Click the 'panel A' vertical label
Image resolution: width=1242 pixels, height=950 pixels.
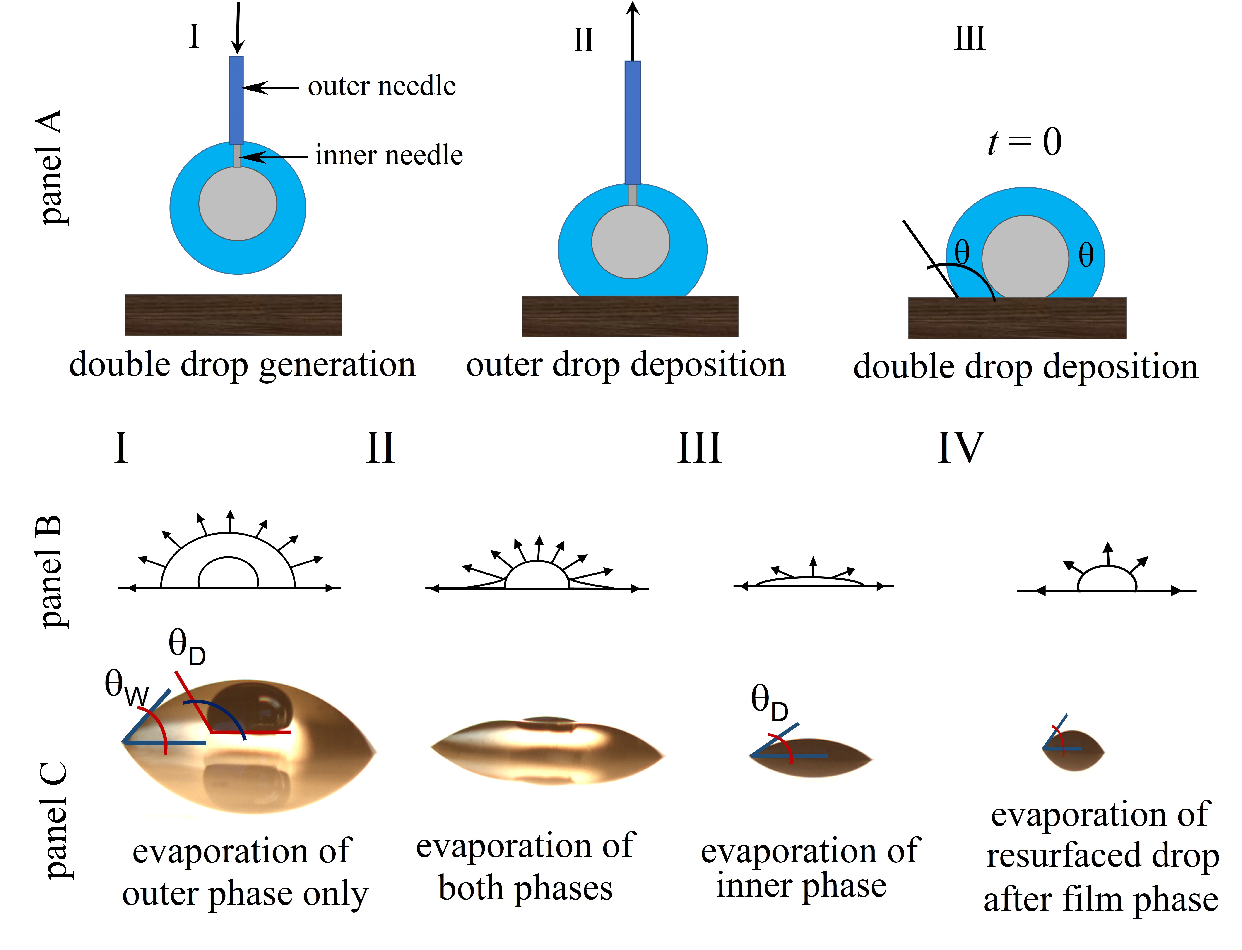coord(51,167)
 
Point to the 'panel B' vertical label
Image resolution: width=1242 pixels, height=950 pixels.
coord(51,571)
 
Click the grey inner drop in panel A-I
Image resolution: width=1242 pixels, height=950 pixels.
coord(238,204)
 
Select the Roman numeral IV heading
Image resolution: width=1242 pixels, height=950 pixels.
coord(960,448)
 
